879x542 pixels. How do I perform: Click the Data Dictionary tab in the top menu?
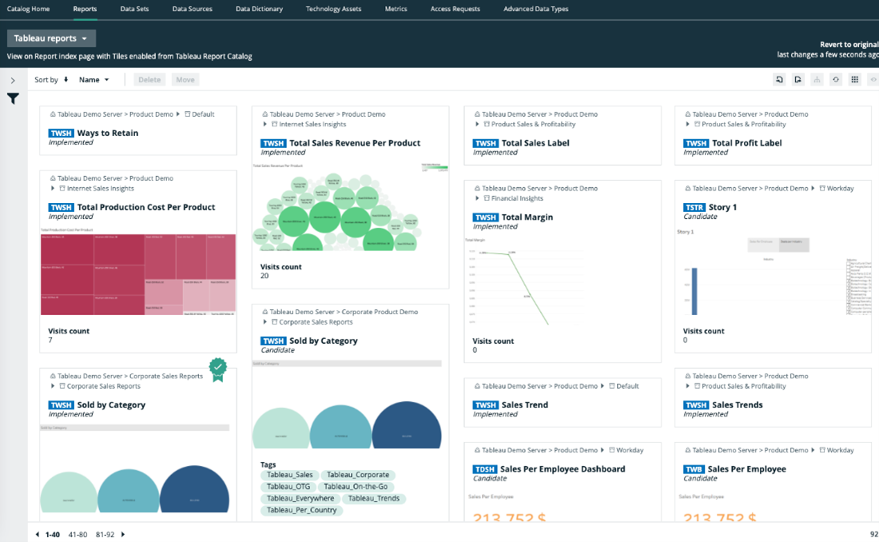[x=259, y=9]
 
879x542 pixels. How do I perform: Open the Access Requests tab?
[x=455, y=9]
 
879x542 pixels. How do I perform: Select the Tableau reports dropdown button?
[x=51, y=38]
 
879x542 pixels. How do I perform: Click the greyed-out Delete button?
[x=149, y=80]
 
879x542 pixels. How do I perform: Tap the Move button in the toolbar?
[x=185, y=80]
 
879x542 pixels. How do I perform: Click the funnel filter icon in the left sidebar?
[x=13, y=99]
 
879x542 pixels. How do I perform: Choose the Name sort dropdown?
[x=93, y=80]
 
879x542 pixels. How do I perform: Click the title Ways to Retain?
[x=107, y=134]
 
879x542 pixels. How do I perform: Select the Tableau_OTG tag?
[x=288, y=486]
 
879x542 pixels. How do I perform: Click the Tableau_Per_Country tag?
[x=301, y=510]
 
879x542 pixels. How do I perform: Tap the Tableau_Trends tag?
[x=373, y=498]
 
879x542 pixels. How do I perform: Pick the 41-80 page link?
[x=78, y=534]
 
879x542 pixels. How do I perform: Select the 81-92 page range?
[x=105, y=534]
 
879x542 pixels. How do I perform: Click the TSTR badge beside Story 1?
[x=694, y=208]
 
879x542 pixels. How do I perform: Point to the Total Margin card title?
[x=527, y=217]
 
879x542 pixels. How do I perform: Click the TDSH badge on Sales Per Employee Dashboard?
[x=485, y=469]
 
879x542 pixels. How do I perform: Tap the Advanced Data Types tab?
[x=535, y=9]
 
